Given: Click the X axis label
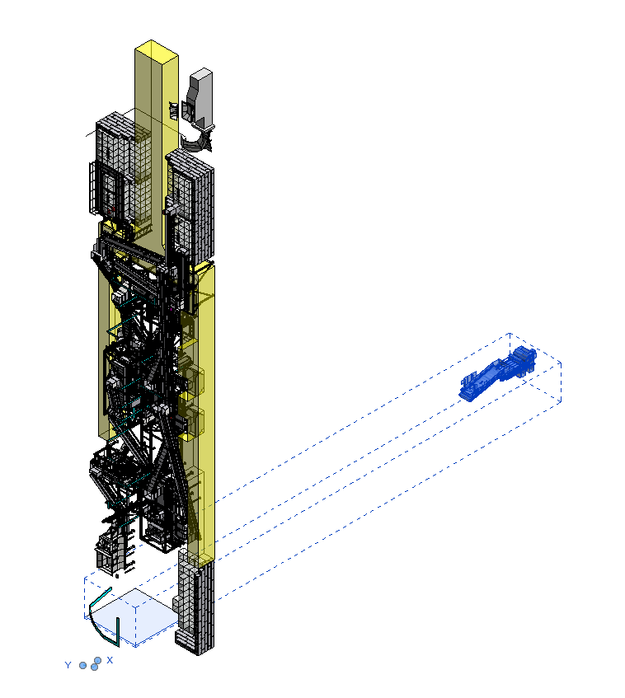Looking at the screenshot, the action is (110, 660).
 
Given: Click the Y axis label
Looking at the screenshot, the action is (68, 665).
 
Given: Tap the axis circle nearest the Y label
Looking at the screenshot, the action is (82, 666).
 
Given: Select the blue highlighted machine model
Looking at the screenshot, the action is (498, 373).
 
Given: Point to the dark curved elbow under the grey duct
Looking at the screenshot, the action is (197, 140).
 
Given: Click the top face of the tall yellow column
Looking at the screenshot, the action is (157, 49).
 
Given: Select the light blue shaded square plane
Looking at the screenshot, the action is (135, 616).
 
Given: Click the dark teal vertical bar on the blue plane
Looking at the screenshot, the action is (118, 631).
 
